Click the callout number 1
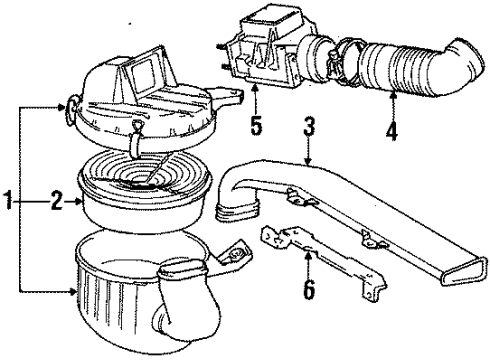(8, 201)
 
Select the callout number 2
(57, 201)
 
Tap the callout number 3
(309, 125)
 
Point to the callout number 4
(392, 131)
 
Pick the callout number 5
(256, 125)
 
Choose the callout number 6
(309, 289)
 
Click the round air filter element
(144, 191)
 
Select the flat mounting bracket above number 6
(323, 260)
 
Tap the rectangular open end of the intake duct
(464, 272)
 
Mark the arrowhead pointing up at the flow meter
(256, 88)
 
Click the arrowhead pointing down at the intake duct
(309, 161)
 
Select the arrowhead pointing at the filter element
(79, 201)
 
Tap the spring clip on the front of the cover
(136, 140)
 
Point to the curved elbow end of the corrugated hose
(467, 62)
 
